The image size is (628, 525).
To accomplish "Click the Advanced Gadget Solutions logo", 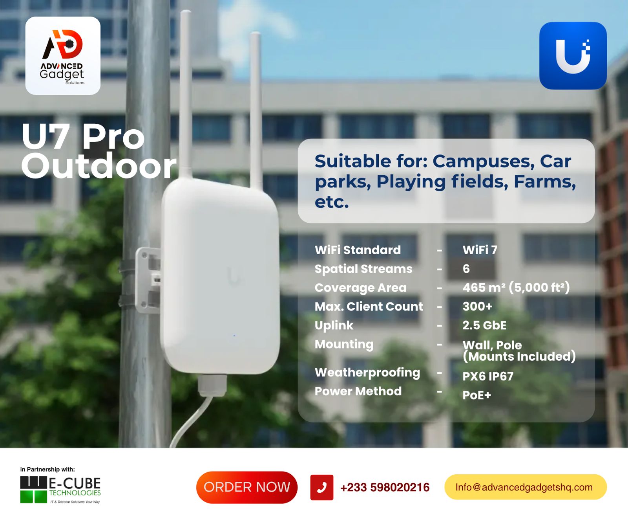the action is tap(63, 55).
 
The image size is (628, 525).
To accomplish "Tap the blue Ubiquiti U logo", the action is tap(573, 55).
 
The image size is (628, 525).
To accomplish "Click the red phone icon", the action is tap(322, 487).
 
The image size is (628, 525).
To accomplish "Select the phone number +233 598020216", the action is tap(385, 487).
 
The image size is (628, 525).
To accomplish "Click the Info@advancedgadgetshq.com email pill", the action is tap(526, 487).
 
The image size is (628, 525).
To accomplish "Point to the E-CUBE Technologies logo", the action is tap(60, 490).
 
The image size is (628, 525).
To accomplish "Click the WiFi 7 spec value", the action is tap(480, 250).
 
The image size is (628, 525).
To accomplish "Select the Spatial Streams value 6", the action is tap(466, 269).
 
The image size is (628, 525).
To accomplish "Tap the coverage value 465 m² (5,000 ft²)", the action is tap(516, 287).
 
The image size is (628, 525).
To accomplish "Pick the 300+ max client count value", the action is tap(477, 307).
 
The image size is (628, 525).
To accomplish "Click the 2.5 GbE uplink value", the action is tap(484, 325).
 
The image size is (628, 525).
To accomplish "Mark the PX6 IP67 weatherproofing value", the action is tap(488, 376).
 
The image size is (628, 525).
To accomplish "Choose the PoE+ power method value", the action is tap(477, 395).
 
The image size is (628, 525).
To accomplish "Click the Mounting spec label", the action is tap(344, 345).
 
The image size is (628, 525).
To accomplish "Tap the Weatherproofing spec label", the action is tap(367, 373).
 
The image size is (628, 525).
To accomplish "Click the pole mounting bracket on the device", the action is tap(148, 280).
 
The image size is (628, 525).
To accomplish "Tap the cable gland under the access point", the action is tap(212, 385).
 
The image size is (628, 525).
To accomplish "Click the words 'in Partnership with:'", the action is tap(47, 469).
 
